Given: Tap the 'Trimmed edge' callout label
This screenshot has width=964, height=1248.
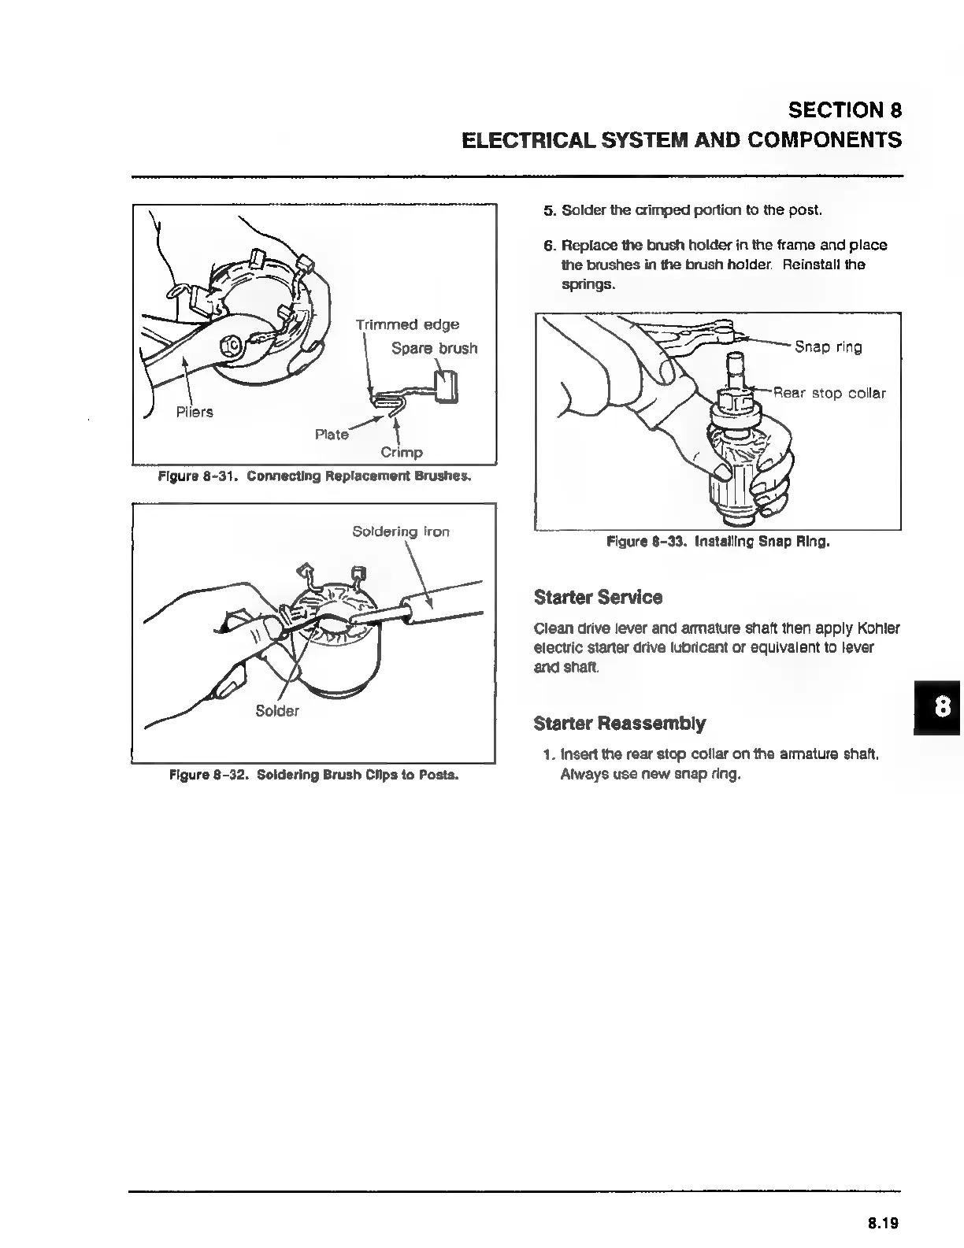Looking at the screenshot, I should [407, 324].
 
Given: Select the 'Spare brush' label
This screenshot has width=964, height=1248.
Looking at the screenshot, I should [434, 348].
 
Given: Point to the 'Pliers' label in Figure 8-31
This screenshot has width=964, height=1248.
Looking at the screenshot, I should [194, 412].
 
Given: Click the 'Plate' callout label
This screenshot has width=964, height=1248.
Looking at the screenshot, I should [332, 435].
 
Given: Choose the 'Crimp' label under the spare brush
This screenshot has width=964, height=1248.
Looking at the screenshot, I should [402, 452].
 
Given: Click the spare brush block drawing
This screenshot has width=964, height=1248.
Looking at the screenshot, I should [445, 387].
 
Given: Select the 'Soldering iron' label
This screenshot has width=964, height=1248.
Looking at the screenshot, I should [400, 531].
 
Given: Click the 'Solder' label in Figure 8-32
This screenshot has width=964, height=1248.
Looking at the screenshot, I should [277, 711].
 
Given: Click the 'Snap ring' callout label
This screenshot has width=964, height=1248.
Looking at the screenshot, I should [828, 347].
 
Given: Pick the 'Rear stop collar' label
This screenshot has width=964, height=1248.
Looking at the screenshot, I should [829, 393].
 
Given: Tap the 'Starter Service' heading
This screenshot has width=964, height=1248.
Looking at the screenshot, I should [598, 597].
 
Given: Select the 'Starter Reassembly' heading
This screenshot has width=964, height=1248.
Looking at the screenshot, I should [619, 723].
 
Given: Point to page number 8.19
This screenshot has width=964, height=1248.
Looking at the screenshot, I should [883, 1223].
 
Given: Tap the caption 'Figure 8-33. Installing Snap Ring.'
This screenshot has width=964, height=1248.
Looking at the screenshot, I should [717, 542].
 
